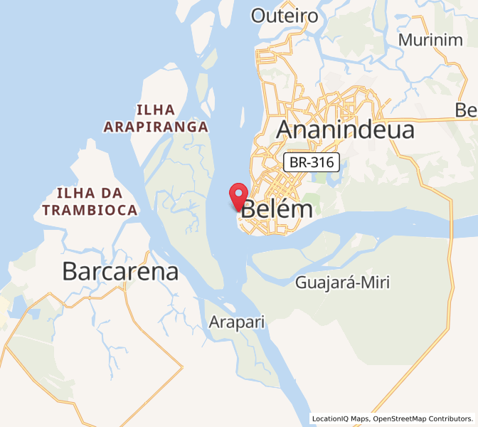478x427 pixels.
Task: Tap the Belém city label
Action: (x=277, y=209)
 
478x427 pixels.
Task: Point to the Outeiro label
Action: (x=285, y=16)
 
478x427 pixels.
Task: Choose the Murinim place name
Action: (x=430, y=40)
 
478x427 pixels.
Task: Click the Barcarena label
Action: (x=120, y=271)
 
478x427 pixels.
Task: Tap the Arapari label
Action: (x=236, y=322)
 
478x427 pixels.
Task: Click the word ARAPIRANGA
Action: (x=156, y=127)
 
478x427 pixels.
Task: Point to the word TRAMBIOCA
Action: (x=90, y=210)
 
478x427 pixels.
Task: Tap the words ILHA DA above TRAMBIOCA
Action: (x=90, y=193)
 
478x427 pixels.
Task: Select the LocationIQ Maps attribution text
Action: (x=340, y=418)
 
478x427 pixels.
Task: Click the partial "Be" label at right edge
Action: (x=466, y=110)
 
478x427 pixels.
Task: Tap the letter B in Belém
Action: (x=250, y=209)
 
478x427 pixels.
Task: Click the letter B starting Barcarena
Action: (x=70, y=271)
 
